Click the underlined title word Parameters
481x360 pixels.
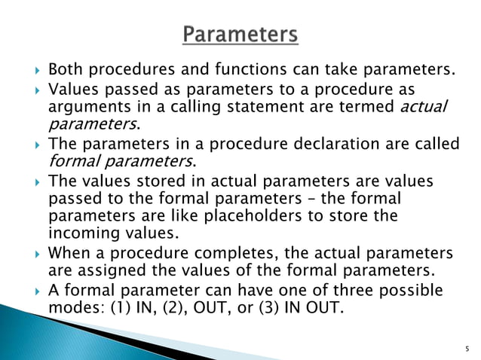pyautogui.click(x=240, y=35)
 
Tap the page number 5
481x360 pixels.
pyautogui.click(x=467, y=349)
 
